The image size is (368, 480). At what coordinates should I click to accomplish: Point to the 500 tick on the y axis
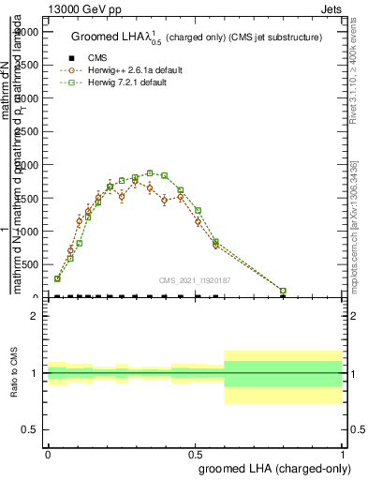coord(28,265)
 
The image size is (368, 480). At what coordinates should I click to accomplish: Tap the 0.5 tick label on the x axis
coord(195,453)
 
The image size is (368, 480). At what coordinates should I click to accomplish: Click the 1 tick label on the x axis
coord(343,453)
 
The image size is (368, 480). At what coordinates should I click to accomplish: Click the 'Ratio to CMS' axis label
coord(12,372)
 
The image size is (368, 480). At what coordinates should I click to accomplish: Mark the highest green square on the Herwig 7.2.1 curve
coord(150,172)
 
